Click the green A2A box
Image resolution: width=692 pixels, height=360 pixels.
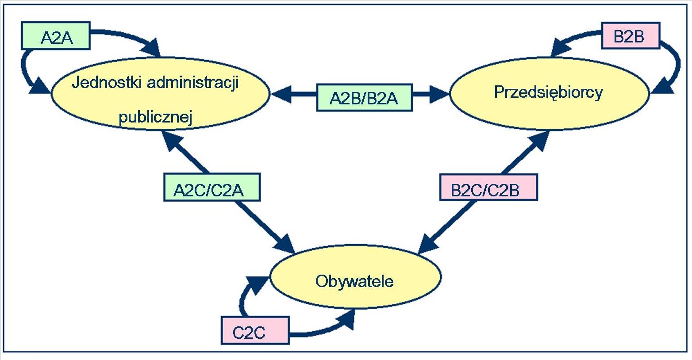tap(56, 35)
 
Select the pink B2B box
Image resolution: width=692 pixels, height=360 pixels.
tap(630, 35)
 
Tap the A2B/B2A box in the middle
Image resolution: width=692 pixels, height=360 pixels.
tap(365, 97)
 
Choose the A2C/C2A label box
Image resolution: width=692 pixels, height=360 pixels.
tap(212, 187)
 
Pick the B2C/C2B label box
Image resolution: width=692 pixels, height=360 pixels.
tap(489, 188)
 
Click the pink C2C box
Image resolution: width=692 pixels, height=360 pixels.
tap(255, 330)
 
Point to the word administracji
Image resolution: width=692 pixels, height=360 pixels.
tap(193, 83)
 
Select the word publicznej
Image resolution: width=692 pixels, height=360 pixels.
tap(156, 117)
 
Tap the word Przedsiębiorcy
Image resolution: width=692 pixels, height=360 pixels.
tap(548, 92)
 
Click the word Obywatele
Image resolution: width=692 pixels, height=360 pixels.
tap(354, 281)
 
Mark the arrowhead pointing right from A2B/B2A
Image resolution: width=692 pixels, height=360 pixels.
tap(439, 94)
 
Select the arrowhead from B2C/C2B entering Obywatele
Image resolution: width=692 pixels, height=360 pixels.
tap(428, 244)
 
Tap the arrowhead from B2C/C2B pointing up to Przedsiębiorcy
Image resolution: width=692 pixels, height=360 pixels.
tap(538, 141)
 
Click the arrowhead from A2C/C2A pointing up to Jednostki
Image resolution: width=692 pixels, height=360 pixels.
tap(173, 141)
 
